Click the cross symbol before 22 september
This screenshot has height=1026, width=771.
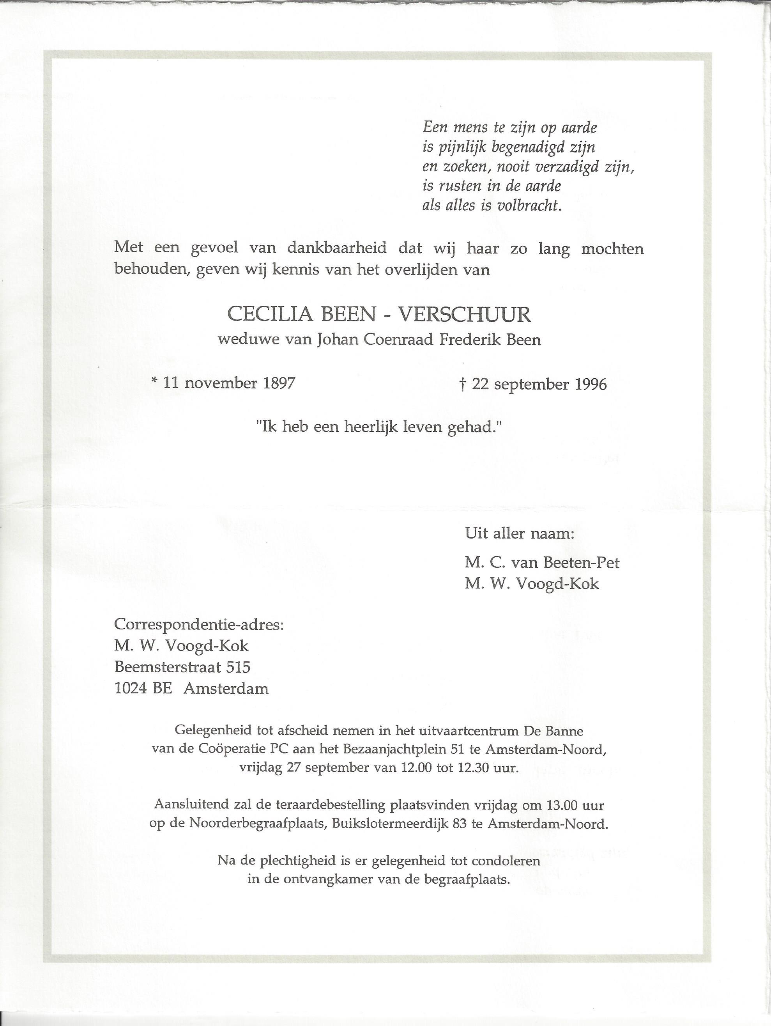(x=462, y=384)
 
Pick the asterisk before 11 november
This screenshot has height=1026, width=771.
(x=154, y=381)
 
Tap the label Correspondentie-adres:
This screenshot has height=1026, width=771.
(x=199, y=624)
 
